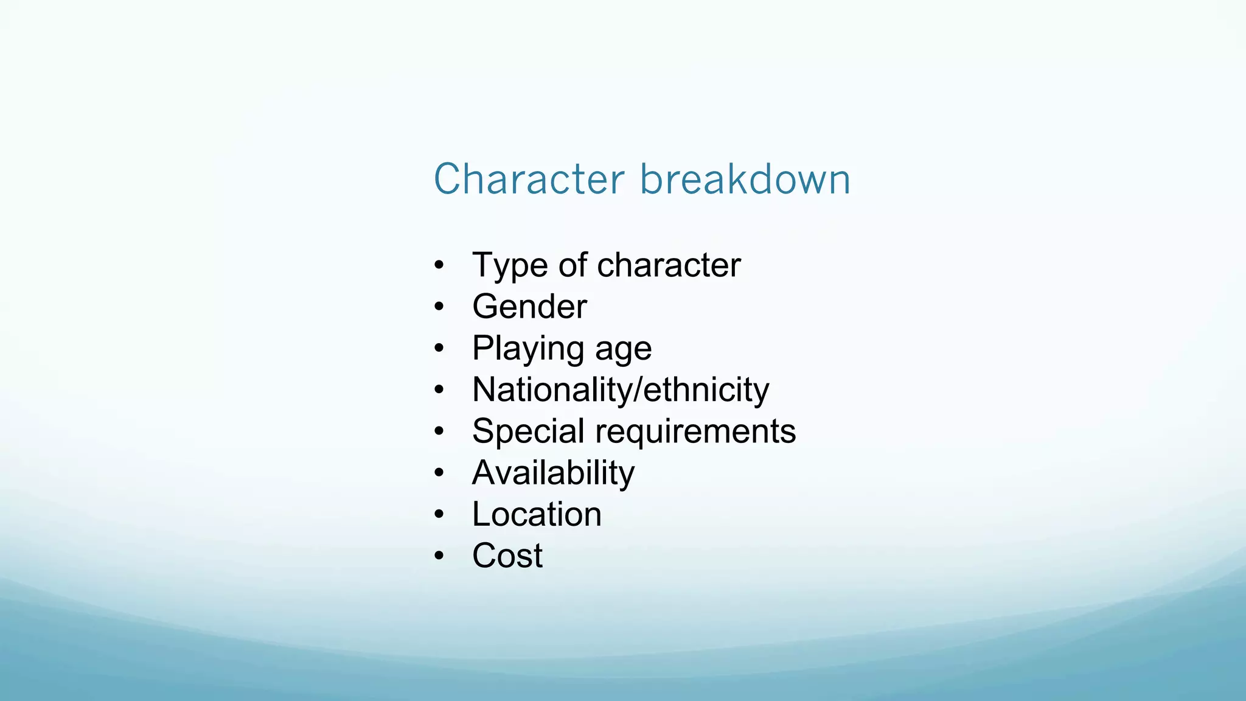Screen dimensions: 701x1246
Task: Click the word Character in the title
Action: (x=529, y=180)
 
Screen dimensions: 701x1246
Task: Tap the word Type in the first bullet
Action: (x=509, y=266)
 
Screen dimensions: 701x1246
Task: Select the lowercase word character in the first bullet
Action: (x=669, y=265)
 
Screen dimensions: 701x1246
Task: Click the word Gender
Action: (x=529, y=307)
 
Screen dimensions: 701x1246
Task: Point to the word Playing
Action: (x=528, y=349)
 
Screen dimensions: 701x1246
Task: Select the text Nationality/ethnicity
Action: (x=621, y=389)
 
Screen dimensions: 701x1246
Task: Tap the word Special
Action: (x=528, y=432)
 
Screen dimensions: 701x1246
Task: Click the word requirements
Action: (x=695, y=432)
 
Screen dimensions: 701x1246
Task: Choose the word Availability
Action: (x=553, y=473)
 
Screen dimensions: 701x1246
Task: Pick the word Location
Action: (x=537, y=514)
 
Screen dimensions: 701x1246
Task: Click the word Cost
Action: (x=507, y=556)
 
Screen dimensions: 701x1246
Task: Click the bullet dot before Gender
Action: (x=439, y=307)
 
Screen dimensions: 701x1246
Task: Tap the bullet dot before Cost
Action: (x=439, y=556)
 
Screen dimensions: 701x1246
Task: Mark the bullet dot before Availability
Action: (x=439, y=473)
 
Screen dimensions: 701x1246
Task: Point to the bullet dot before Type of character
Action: (x=439, y=266)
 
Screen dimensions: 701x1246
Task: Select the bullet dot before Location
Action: (x=439, y=515)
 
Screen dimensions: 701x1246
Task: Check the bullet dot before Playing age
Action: (x=439, y=349)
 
